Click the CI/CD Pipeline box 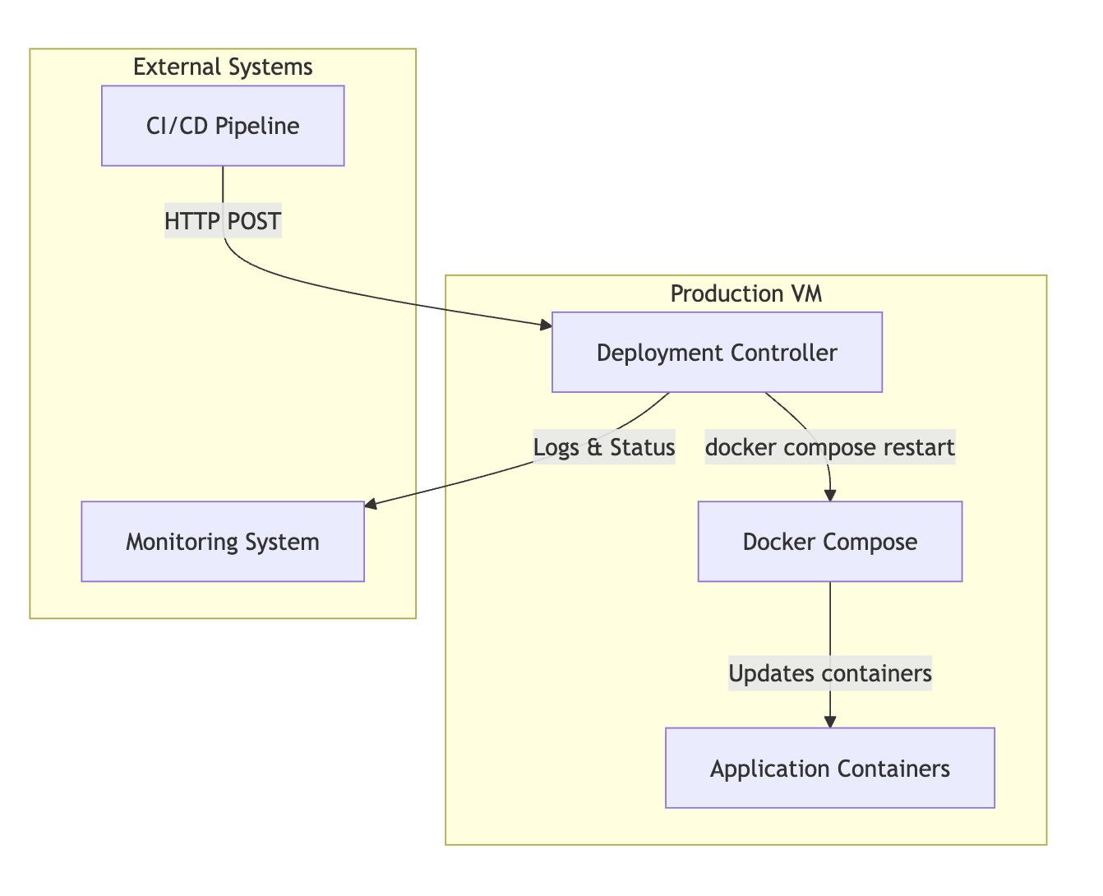coord(223,126)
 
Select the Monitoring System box coord(223,542)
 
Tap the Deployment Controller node coord(717,353)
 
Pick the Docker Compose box coord(829,542)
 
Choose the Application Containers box coord(829,769)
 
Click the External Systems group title coord(223,67)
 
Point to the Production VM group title coord(745,293)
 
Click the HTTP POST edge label coord(223,221)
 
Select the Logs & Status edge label coord(604,447)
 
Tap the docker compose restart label coord(829,447)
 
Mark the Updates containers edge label coord(829,673)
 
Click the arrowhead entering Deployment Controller coord(546,326)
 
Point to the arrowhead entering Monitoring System coord(371,506)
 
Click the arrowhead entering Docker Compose coord(830,495)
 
